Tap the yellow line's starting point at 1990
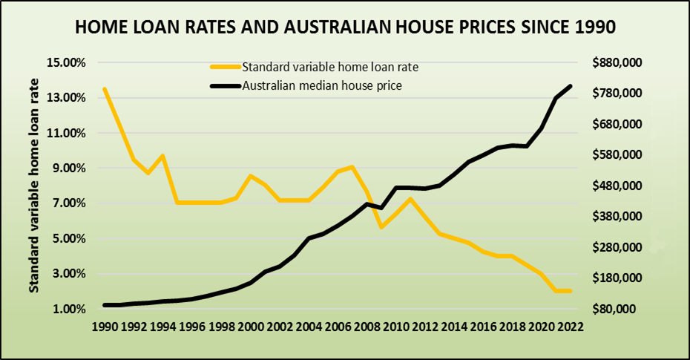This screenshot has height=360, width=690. click(105, 89)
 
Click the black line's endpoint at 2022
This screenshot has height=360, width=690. click(571, 86)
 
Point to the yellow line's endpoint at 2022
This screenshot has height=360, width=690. click(571, 291)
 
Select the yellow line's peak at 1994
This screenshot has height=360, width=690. click(162, 156)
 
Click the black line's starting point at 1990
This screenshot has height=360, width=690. click(105, 305)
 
